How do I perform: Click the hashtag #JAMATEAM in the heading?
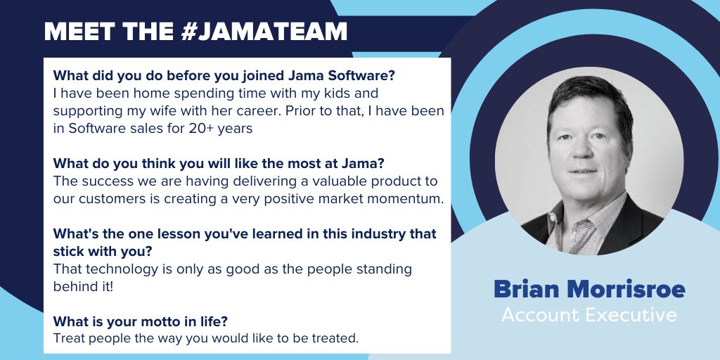[264, 31]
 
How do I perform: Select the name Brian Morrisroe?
[589, 289]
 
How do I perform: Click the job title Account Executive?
[589, 315]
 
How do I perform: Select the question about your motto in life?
[141, 321]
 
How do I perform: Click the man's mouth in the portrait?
[584, 172]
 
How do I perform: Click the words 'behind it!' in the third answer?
[83, 287]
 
